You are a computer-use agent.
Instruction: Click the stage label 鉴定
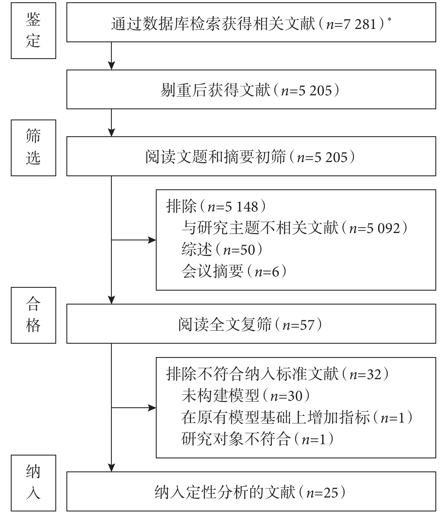click(x=33, y=31)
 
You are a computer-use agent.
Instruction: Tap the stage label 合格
click(x=33, y=315)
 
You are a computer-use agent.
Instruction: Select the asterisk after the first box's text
click(x=389, y=20)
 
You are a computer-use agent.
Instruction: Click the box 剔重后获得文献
click(x=251, y=89)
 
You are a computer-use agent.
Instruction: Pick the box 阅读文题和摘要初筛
click(x=251, y=156)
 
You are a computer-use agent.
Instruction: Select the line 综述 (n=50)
click(x=222, y=250)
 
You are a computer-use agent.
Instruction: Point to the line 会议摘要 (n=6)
click(x=234, y=271)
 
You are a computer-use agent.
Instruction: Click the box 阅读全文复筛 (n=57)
click(x=251, y=324)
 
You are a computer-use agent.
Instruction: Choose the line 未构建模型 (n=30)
click(x=245, y=396)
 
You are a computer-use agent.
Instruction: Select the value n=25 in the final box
click(x=322, y=493)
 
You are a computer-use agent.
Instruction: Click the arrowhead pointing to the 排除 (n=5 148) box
click(x=153, y=240)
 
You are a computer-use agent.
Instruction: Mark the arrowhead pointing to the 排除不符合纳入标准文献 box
click(x=153, y=408)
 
